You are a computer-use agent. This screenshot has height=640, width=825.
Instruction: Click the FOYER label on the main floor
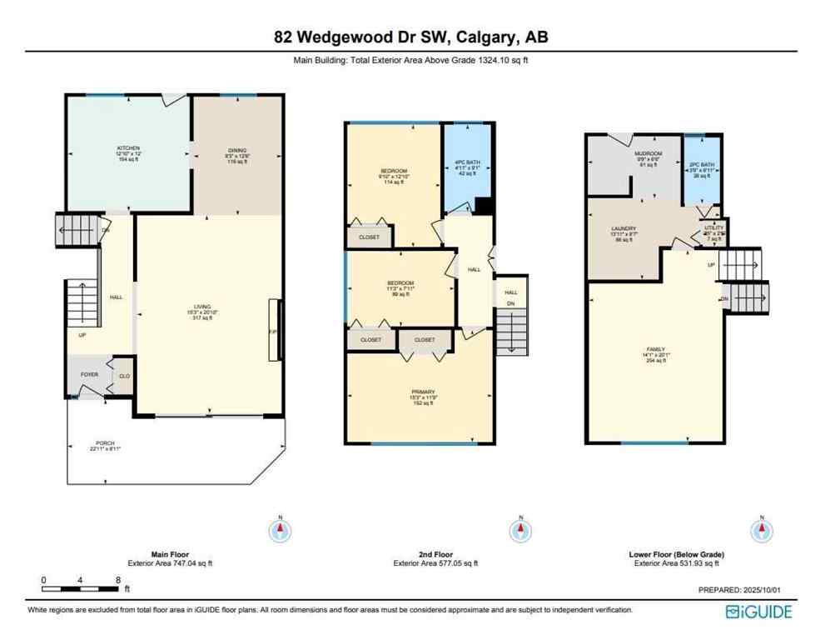pos(90,375)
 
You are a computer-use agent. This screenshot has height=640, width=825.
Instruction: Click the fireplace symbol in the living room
pos(273,331)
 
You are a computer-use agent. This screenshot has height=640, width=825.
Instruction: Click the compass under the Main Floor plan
pos(281,529)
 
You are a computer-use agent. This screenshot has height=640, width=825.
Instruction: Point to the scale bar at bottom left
pos(81,578)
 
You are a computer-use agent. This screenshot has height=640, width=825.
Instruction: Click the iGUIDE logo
pos(758,612)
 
